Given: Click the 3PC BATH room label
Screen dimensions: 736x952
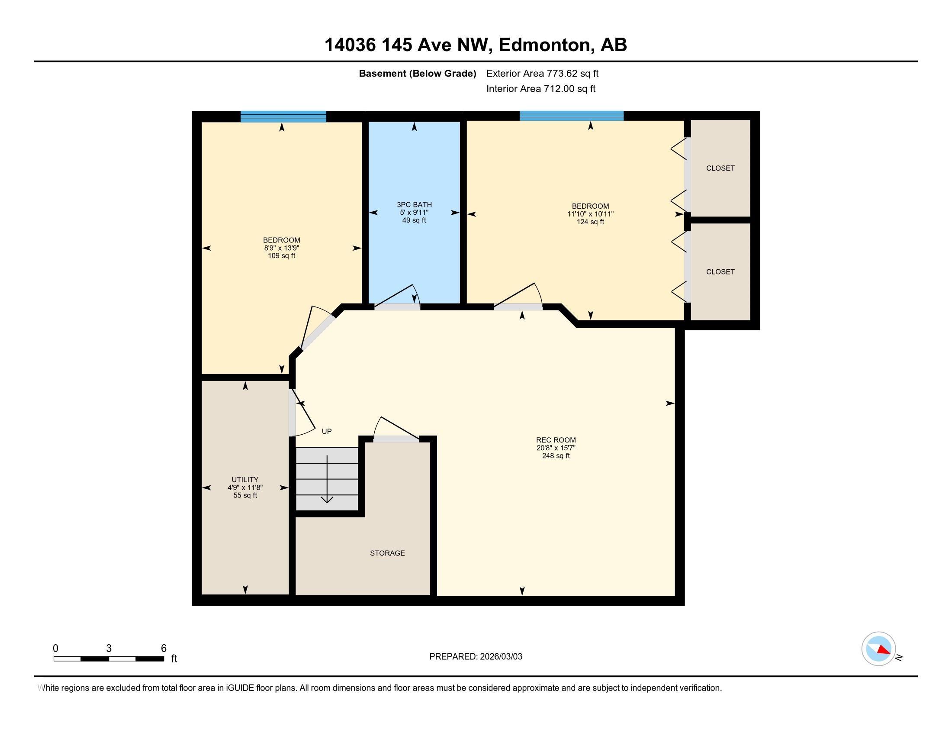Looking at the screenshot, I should (414, 204).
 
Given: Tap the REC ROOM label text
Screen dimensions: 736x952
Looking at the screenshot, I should (556, 440).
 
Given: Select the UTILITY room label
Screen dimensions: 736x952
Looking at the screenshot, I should (245, 480).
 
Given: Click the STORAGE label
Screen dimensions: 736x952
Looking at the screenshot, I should (387, 553).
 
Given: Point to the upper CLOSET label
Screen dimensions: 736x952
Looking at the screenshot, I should (720, 168).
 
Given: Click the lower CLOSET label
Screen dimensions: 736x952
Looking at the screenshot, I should (720, 271).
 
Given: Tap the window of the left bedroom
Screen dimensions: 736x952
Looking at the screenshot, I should (283, 116).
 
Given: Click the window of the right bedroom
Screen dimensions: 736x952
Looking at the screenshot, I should (572, 116).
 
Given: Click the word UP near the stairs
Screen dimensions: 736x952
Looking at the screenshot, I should (326, 431).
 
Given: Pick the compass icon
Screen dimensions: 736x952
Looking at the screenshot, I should (878, 649).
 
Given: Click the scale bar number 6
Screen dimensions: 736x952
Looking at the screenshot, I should (164, 649).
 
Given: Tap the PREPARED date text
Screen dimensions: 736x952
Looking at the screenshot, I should (476, 657).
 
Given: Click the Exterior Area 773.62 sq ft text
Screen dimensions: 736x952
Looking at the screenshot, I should (542, 74).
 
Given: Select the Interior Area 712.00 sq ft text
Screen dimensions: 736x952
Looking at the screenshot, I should (540, 89).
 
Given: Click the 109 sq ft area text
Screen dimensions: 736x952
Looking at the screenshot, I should (281, 256).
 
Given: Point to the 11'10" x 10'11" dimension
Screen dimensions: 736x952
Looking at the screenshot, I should (590, 214).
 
